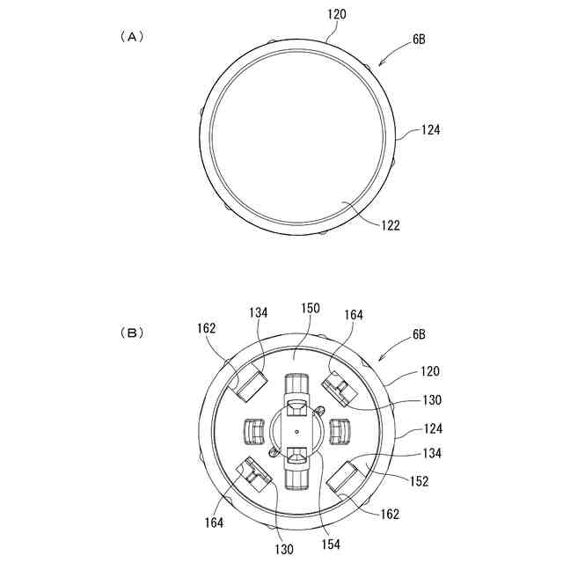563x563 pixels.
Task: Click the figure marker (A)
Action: click(130, 37)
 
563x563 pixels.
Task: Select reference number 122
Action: click(390, 225)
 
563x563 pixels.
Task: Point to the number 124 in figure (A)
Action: click(429, 129)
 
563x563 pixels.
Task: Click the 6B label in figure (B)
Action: click(418, 335)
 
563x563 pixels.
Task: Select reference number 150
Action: click(310, 309)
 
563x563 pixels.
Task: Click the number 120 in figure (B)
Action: click(430, 371)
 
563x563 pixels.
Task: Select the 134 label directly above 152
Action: click(430, 454)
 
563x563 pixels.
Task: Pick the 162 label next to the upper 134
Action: click(207, 327)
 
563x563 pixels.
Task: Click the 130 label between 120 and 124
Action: click(430, 400)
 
